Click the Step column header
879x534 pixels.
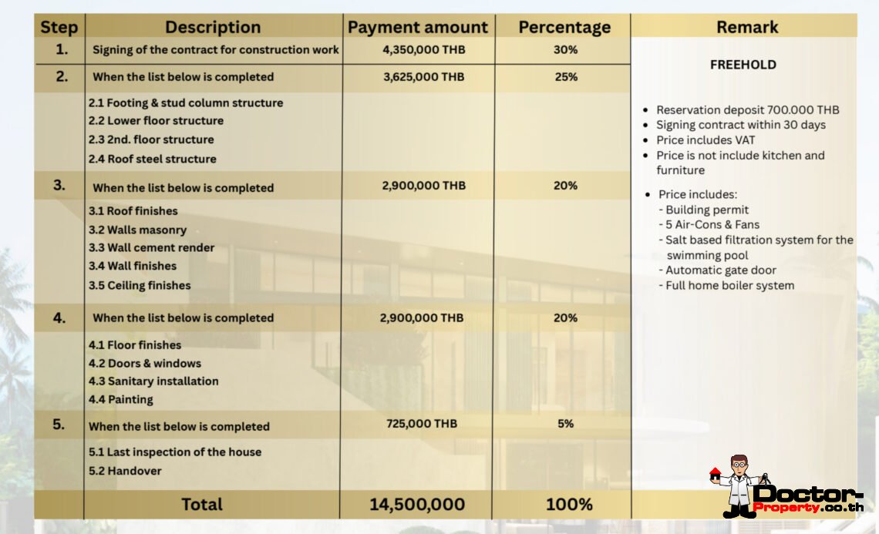coord(59,28)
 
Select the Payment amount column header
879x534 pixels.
coord(417,28)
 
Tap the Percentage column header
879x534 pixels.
coord(564,28)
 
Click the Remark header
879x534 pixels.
coord(746,28)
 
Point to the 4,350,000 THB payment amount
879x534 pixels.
coord(423,49)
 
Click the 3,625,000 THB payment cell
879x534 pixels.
coord(423,76)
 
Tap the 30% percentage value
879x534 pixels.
coord(565,49)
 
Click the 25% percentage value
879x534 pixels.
coord(565,76)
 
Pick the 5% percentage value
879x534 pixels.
coord(565,424)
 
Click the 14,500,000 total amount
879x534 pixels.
coord(416,505)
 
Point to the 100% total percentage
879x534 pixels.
coord(569,505)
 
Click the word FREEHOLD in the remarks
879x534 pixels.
coord(743,65)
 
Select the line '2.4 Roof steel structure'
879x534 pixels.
coord(152,159)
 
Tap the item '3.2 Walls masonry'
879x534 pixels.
coord(137,230)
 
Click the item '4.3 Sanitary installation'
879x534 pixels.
coord(153,381)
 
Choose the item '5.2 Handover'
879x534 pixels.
coord(125,471)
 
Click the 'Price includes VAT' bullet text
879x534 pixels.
coord(706,140)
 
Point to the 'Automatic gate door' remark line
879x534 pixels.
coord(720,270)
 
